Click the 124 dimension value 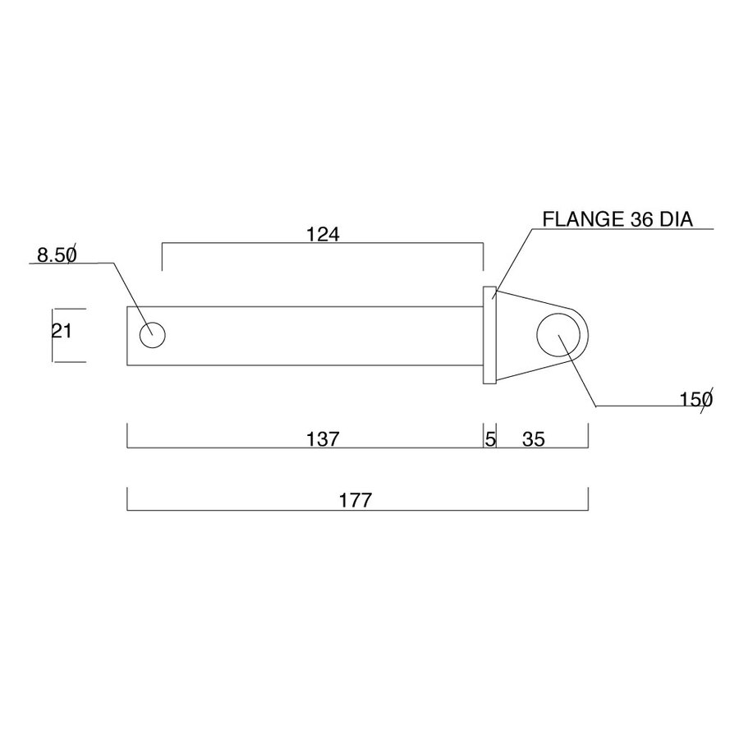pos(323,234)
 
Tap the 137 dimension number pos(323,439)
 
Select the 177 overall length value pos(356,501)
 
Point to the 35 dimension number pos(534,439)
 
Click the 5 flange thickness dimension pos(490,439)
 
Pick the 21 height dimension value pos(62,332)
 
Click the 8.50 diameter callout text pos(57,255)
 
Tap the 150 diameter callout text pos(696,400)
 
